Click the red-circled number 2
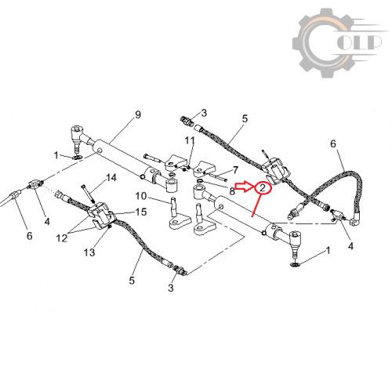263,188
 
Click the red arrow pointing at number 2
244,187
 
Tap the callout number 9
138,114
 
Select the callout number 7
235,170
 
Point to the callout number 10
141,195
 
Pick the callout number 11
190,140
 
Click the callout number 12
62,238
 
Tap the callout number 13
89,252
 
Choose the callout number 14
111,178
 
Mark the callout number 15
141,212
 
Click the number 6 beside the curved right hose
333,143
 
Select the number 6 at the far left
30,236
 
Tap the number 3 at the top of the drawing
204,113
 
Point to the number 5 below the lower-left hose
132,281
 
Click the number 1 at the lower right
328,250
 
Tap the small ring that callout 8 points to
200,181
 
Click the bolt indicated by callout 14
88,194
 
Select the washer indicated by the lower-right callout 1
295,265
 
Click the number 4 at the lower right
350,246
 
